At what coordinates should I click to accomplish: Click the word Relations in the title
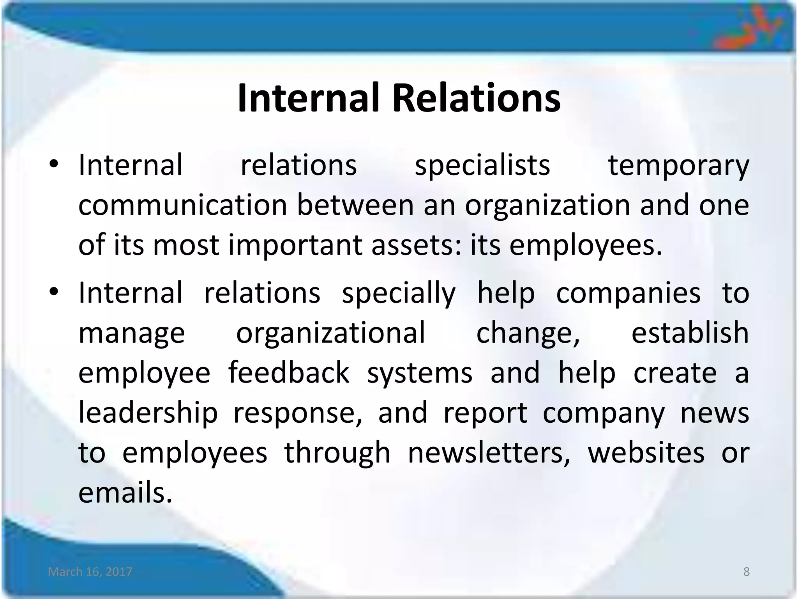[x=476, y=98]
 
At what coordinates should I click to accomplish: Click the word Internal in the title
[x=308, y=98]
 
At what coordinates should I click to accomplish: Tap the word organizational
[x=331, y=334]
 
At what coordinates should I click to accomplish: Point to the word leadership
[x=148, y=413]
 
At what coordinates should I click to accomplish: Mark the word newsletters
[x=489, y=453]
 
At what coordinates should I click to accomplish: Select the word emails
[x=125, y=493]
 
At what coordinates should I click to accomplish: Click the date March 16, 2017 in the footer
[x=90, y=572]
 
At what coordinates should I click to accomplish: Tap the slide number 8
[x=747, y=572]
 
